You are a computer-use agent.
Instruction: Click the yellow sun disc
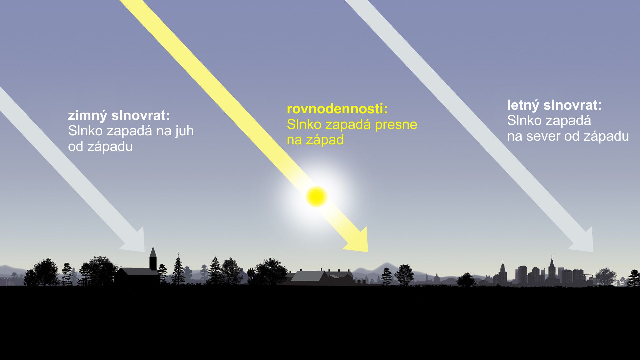pos(317,197)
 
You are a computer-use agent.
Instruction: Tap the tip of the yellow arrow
pos(368,252)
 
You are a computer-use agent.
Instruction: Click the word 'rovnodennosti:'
pos(337,109)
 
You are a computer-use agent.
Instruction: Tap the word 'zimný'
pos(88,116)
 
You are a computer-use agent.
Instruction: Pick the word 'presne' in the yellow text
pos(396,125)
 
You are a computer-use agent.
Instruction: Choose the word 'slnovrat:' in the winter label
pos(140,116)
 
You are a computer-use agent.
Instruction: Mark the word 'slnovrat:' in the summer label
pos(572,105)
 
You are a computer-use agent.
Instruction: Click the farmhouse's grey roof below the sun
pos(308,276)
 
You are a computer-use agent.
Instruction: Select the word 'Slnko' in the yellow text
pos(304,124)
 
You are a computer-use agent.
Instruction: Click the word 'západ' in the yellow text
pos(325,140)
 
